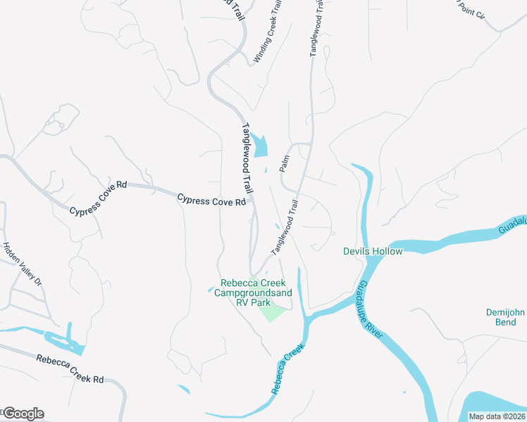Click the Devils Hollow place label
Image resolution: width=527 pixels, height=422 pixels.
click(373, 251)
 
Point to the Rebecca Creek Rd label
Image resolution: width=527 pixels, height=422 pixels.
click(70, 369)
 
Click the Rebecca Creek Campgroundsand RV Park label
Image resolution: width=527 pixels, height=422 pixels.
click(252, 293)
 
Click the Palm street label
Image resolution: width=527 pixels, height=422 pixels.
click(285, 163)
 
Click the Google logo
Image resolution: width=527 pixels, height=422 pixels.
click(23, 414)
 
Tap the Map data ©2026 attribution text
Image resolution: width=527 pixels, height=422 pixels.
click(497, 416)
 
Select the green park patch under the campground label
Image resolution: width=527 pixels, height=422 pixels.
click(272, 309)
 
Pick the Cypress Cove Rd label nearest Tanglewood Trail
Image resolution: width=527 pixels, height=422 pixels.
click(211, 200)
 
